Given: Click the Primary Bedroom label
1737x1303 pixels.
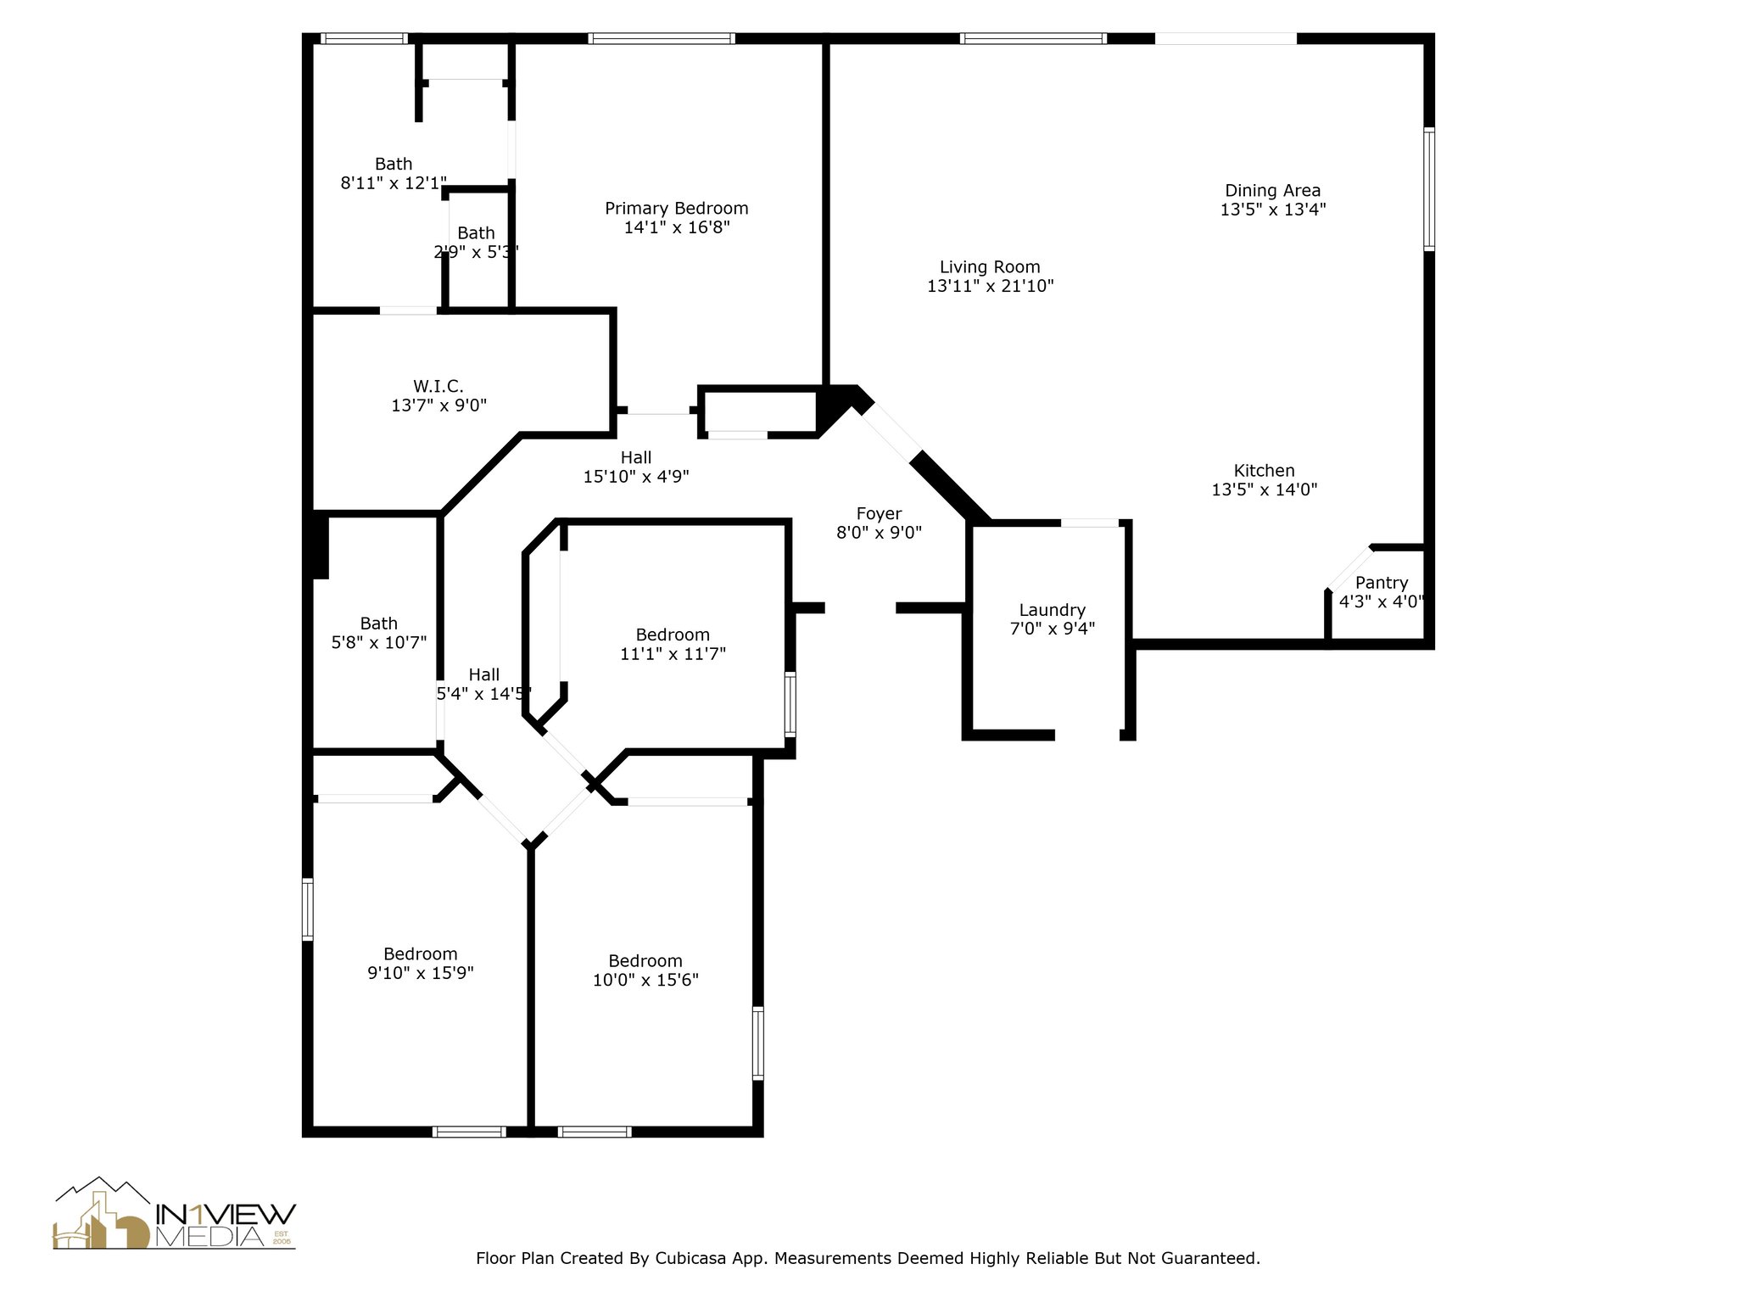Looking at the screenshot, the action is (x=676, y=209).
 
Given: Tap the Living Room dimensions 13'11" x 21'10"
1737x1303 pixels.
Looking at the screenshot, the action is (x=990, y=286).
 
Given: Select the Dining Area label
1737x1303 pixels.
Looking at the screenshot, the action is (x=1272, y=191).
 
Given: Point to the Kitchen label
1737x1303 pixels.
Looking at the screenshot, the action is (x=1264, y=471).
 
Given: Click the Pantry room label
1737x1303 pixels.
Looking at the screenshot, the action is (x=1382, y=583).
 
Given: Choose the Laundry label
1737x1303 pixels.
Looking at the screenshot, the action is (x=1052, y=610).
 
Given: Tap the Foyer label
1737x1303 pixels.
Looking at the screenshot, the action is (x=879, y=514).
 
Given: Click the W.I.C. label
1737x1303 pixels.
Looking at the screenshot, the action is (x=438, y=387).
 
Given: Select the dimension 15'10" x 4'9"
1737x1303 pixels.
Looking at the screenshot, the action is (x=635, y=477).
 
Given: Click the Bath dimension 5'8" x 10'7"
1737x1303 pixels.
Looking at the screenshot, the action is (x=378, y=642).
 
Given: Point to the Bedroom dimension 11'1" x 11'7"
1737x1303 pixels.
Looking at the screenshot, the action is (x=673, y=654).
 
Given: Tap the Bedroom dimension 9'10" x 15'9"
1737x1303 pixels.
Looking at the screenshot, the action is (x=420, y=973).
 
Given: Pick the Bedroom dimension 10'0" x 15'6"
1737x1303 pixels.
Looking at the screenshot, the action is (x=645, y=980).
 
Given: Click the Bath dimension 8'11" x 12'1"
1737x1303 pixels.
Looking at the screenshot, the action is (x=394, y=182).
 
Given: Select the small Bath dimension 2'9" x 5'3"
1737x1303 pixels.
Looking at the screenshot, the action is (x=476, y=252).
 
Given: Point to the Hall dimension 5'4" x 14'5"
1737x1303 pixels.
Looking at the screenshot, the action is (x=483, y=694).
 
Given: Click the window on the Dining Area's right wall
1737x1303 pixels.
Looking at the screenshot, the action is (x=1429, y=188).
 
